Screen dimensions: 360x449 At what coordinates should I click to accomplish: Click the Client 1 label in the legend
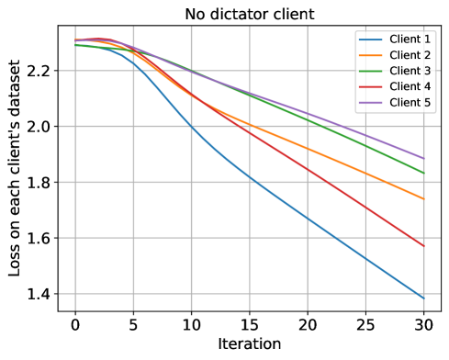pyautogui.click(x=410, y=39)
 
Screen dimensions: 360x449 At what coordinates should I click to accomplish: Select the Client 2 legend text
pyautogui.click(x=410, y=55)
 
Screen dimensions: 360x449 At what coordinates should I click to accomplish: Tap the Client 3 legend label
pyautogui.click(x=410, y=71)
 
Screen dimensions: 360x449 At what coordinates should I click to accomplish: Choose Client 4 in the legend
pyautogui.click(x=410, y=86)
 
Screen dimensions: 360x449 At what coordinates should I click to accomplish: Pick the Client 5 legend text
pyautogui.click(x=410, y=102)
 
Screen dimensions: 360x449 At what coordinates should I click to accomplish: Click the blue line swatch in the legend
pyautogui.click(x=371, y=39)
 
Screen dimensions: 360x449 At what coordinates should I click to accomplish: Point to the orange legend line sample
pyautogui.click(x=371, y=55)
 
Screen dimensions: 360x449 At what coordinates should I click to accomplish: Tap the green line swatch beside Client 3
pyautogui.click(x=371, y=71)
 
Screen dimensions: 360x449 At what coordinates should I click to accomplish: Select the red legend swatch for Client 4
pyautogui.click(x=371, y=86)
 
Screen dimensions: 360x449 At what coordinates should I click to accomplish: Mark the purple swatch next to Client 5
pyautogui.click(x=371, y=102)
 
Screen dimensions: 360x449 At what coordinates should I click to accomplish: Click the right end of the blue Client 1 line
pyautogui.click(x=423, y=298)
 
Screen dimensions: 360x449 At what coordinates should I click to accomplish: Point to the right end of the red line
pyautogui.click(x=423, y=246)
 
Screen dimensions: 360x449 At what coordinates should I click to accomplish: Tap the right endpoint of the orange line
pyautogui.click(x=423, y=198)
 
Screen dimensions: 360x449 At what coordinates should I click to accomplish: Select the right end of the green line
pyautogui.click(x=423, y=173)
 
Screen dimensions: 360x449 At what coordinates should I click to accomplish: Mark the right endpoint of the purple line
pyautogui.click(x=423, y=158)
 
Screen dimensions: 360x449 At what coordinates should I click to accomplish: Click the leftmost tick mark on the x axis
pyautogui.click(x=75, y=307)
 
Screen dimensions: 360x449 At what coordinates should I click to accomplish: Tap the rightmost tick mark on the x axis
pyautogui.click(x=423, y=307)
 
